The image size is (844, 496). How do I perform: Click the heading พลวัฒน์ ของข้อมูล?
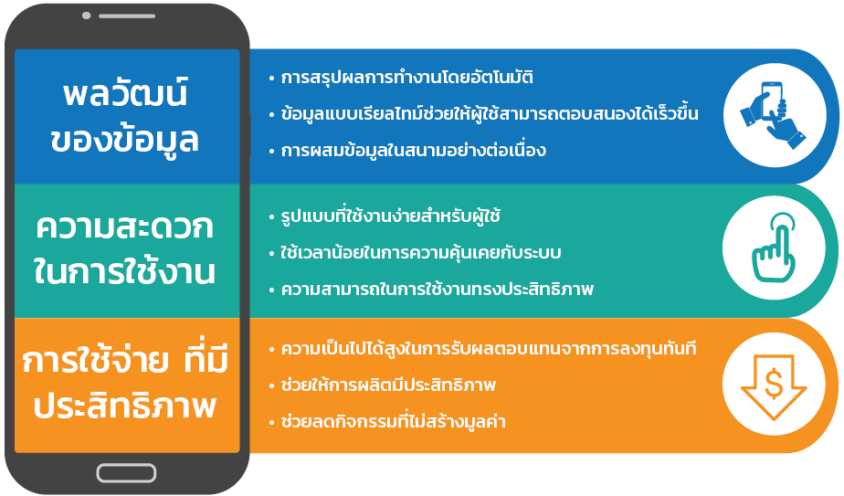pyautogui.click(x=125, y=116)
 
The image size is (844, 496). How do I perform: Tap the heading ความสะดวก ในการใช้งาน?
pyautogui.click(x=124, y=248)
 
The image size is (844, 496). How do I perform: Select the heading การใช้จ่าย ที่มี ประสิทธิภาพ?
pyautogui.click(x=125, y=383)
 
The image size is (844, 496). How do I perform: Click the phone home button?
pyautogui.click(x=126, y=473)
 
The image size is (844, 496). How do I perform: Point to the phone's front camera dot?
pyautogui.click(x=86, y=16)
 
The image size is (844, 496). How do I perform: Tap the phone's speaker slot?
pyautogui.click(x=127, y=16)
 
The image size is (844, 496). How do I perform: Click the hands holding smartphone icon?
pyautogui.click(x=773, y=115)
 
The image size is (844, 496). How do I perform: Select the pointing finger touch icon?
pyautogui.click(x=774, y=248)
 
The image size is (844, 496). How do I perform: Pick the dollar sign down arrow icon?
pyautogui.click(x=774, y=386)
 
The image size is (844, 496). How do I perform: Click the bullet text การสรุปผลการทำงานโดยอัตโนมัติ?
pyautogui.click(x=407, y=78)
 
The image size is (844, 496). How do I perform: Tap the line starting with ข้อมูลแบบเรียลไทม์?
pyautogui.click(x=490, y=113)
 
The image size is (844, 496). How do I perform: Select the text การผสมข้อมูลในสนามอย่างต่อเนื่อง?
pyautogui.click(x=414, y=150)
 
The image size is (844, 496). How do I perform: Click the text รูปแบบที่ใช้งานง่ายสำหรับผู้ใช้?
pyautogui.click(x=391, y=216)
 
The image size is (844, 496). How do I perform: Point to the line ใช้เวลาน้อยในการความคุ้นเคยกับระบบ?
pyautogui.click(x=421, y=253)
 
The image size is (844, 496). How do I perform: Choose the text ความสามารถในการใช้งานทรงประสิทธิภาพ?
pyautogui.click(x=437, y=290)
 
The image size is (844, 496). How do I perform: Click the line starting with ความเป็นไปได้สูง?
pyautogui.click(x=489, y=349)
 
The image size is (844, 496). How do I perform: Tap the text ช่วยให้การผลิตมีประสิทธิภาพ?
pyautogui.click(x=388, y=385)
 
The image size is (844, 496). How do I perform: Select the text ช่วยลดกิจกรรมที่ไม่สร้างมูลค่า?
pyautogui.click(x=394, y=421)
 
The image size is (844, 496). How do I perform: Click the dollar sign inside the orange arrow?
pyautogui.click(x=774, y=385)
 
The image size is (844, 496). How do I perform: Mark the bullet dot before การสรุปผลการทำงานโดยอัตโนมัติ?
pyautogui.click(x=272, y=79)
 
